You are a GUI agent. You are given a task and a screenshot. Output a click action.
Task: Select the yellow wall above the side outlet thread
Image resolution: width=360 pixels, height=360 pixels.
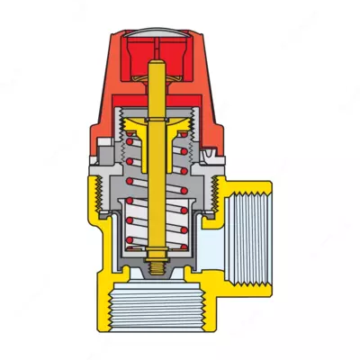point(252,184)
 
